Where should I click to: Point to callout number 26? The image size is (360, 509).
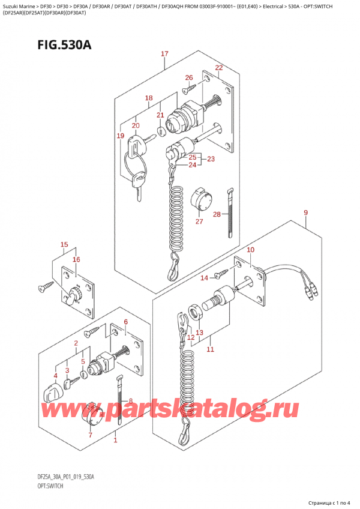click(x=189, y=77)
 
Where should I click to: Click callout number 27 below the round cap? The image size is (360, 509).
click(x=200, y=221)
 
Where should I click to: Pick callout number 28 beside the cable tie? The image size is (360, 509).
click(x=217, y=214)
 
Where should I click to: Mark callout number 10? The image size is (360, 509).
click(x=250, y=250)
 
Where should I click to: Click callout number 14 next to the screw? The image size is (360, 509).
click(x=205, y=277)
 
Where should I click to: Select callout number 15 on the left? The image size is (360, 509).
click(x=64, y=244)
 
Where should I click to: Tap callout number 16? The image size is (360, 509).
click(x=76, y=259)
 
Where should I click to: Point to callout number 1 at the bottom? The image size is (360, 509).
click(x=115, y=440)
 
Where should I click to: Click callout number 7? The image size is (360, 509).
click(x=91, y=435)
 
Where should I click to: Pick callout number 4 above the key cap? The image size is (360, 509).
click(x=56, y=376)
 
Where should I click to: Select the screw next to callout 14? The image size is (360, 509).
click(x=221, y=273)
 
